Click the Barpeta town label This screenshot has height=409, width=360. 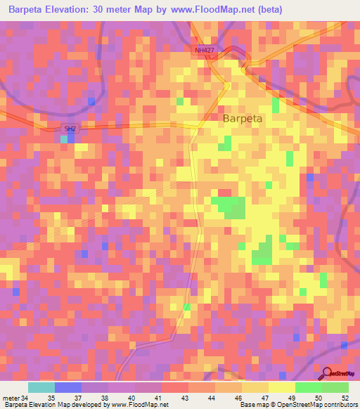[243, 119]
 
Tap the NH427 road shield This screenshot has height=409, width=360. [204, 51]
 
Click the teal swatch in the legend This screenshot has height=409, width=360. [41, 387]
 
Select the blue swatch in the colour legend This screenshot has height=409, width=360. [68, 387]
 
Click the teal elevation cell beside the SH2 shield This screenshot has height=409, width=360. [64, 139]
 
